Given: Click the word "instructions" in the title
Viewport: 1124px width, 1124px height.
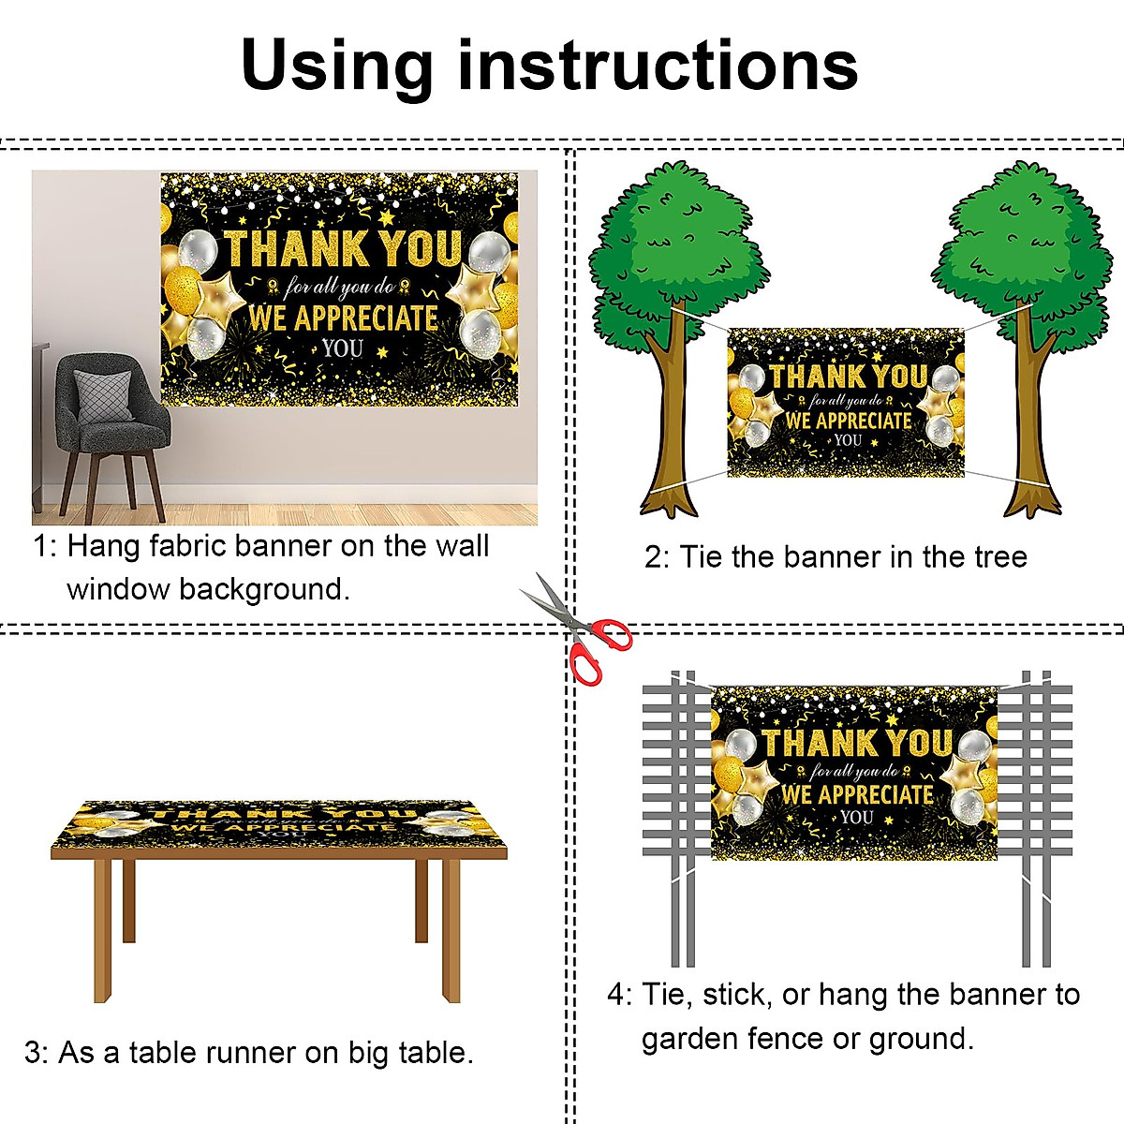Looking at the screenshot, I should click(658, 66).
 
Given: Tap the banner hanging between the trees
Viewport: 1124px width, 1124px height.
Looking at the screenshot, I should click(845, 403).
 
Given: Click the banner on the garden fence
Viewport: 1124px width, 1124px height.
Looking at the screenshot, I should click(854, 773).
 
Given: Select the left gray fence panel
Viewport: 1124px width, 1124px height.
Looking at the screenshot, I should click(676, 777).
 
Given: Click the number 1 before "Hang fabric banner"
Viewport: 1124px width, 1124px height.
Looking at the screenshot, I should click(42, 546).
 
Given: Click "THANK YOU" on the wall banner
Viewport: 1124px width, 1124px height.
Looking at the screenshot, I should click(343, 248).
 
